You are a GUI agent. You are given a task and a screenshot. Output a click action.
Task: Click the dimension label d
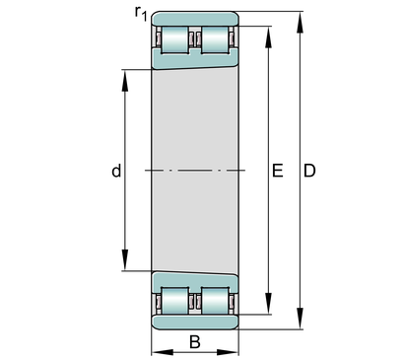point(116,171)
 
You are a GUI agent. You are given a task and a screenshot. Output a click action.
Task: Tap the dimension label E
point(278,171)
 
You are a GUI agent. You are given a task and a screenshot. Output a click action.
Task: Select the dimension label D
point(309,171)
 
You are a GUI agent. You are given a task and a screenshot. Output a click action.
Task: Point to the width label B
point(195,342)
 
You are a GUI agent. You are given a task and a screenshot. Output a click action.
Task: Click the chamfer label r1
point(141,14)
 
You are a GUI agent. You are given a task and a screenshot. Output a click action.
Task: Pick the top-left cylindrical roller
point(174,39)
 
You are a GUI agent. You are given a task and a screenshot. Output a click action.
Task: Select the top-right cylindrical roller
point(215,39)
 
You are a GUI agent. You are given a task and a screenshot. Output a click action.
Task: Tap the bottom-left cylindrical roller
point(174,301)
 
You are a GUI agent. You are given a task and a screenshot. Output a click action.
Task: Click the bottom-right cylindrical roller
point(215,301)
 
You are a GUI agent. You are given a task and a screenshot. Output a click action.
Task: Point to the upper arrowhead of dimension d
point(125,80)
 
